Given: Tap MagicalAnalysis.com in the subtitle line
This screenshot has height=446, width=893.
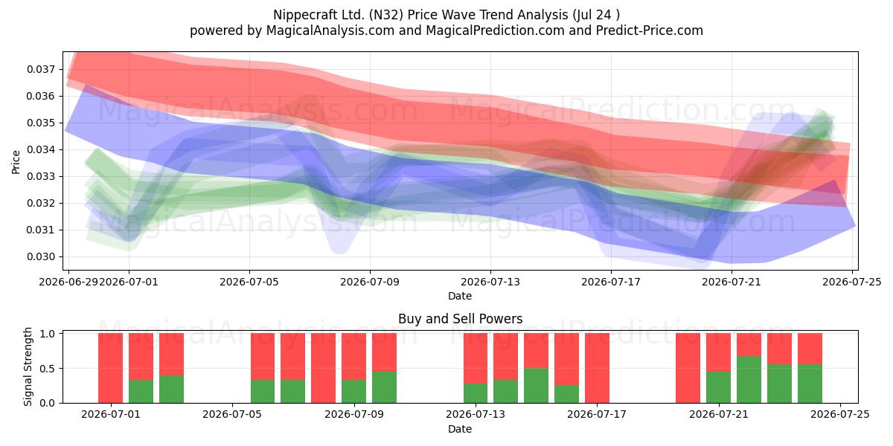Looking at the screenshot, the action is click(330, 30).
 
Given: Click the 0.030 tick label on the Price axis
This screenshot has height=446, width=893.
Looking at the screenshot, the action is click(41, 257).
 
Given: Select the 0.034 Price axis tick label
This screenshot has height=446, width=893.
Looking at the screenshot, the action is click(41, 150).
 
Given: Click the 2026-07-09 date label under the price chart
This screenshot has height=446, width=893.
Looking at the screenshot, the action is click(370, 282).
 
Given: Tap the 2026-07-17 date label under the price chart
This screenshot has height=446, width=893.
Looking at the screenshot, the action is click(611, 282).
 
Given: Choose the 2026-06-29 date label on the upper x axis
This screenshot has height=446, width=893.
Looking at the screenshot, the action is click(68, 282).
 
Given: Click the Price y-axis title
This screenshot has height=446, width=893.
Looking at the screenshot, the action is click(16, 162).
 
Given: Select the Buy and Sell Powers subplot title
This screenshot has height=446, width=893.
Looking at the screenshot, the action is click(460, 319).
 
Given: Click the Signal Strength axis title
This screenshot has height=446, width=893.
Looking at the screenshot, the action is click(28, 366).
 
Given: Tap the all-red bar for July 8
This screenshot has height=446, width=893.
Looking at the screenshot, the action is click(323, 368).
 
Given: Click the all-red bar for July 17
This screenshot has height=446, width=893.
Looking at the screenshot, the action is click(597, 368).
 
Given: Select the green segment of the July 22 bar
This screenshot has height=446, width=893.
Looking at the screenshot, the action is click(749, 380).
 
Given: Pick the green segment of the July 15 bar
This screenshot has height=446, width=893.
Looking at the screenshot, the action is click(537, 386).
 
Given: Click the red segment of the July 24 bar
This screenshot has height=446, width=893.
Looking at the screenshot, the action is click(810, 349).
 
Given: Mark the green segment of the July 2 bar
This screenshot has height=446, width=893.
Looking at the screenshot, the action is click(141, 392).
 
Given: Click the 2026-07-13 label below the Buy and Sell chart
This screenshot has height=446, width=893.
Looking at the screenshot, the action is click(476, 415).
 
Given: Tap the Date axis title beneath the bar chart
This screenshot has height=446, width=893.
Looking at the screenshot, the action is click(460, 429).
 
